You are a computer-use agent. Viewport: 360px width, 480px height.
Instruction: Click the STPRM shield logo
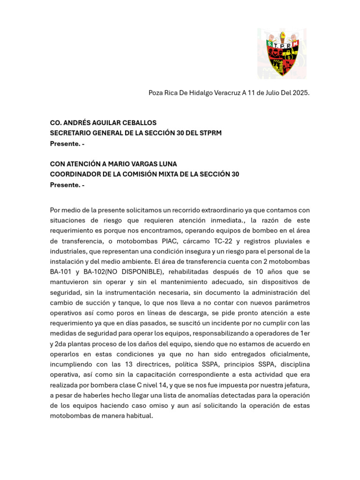(282, 53)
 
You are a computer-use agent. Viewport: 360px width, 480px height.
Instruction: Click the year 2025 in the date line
(300, 93)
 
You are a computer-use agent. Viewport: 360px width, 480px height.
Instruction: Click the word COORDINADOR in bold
(73, 174)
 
